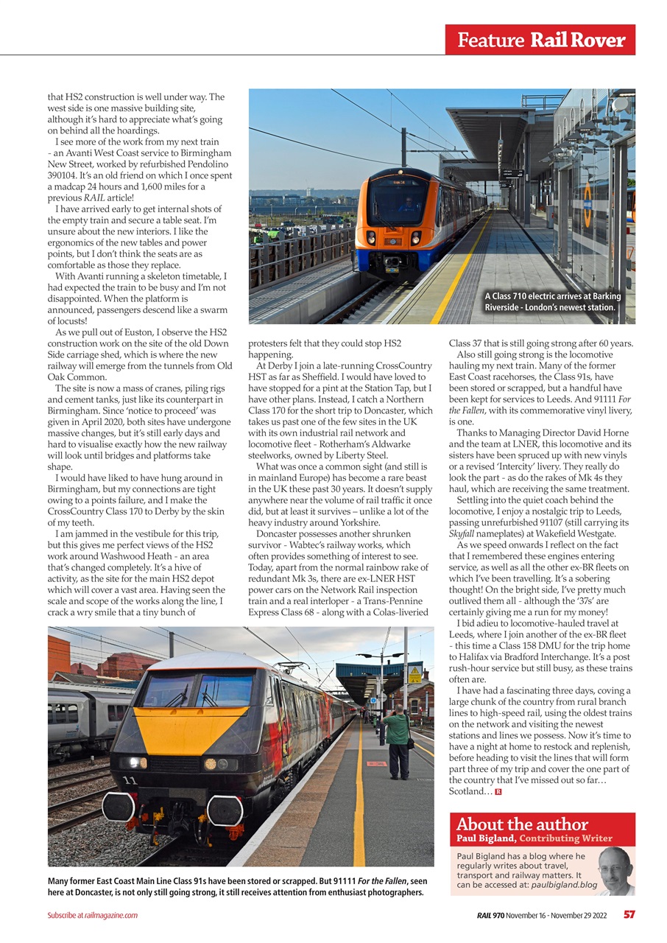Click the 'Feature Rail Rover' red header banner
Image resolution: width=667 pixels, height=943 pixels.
(x=540, y=40)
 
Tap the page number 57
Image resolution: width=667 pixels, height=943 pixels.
(x=629, y=915)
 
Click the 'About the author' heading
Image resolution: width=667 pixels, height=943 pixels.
(x=521, y=824)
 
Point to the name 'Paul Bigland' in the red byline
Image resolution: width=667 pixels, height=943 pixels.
(x=486, y=838)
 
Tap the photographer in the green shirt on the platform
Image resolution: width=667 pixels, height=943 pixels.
(x=398, y=740)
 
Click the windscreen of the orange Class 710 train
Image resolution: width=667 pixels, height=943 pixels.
(x=398, y=200)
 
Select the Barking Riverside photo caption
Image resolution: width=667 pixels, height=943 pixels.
(x=552, y=302)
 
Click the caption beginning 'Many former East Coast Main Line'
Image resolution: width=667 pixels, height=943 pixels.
(x=236, y=887)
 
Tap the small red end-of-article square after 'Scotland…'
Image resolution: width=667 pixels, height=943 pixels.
(x=498, y=792)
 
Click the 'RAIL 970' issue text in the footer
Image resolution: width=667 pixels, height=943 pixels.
(x=491, y=915)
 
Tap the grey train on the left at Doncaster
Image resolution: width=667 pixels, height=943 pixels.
(x=81, y=718)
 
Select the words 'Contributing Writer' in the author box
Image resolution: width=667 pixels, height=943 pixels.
(x=565, y=838)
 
